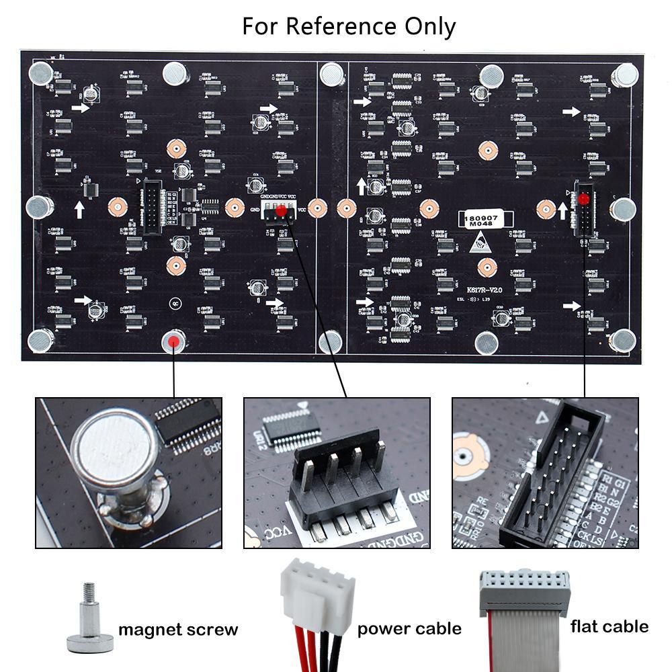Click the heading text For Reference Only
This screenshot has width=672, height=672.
[x=349, y=27]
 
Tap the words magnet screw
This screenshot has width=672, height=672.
[x=178, y=630]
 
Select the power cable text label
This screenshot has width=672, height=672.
[x=409, y=629]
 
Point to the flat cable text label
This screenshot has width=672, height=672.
[x=610, y=626]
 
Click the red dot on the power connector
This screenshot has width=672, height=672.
[x=280, y=212]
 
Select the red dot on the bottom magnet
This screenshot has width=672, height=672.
[x=174, y=341]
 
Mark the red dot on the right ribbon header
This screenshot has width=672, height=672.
[x=583, y=200]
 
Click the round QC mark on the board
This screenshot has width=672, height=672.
[x=174, y=302]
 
